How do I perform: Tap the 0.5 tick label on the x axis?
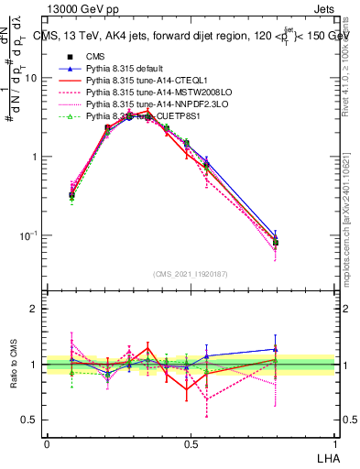tap(191, 443)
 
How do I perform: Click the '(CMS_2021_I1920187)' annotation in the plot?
tap(191, 273)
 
